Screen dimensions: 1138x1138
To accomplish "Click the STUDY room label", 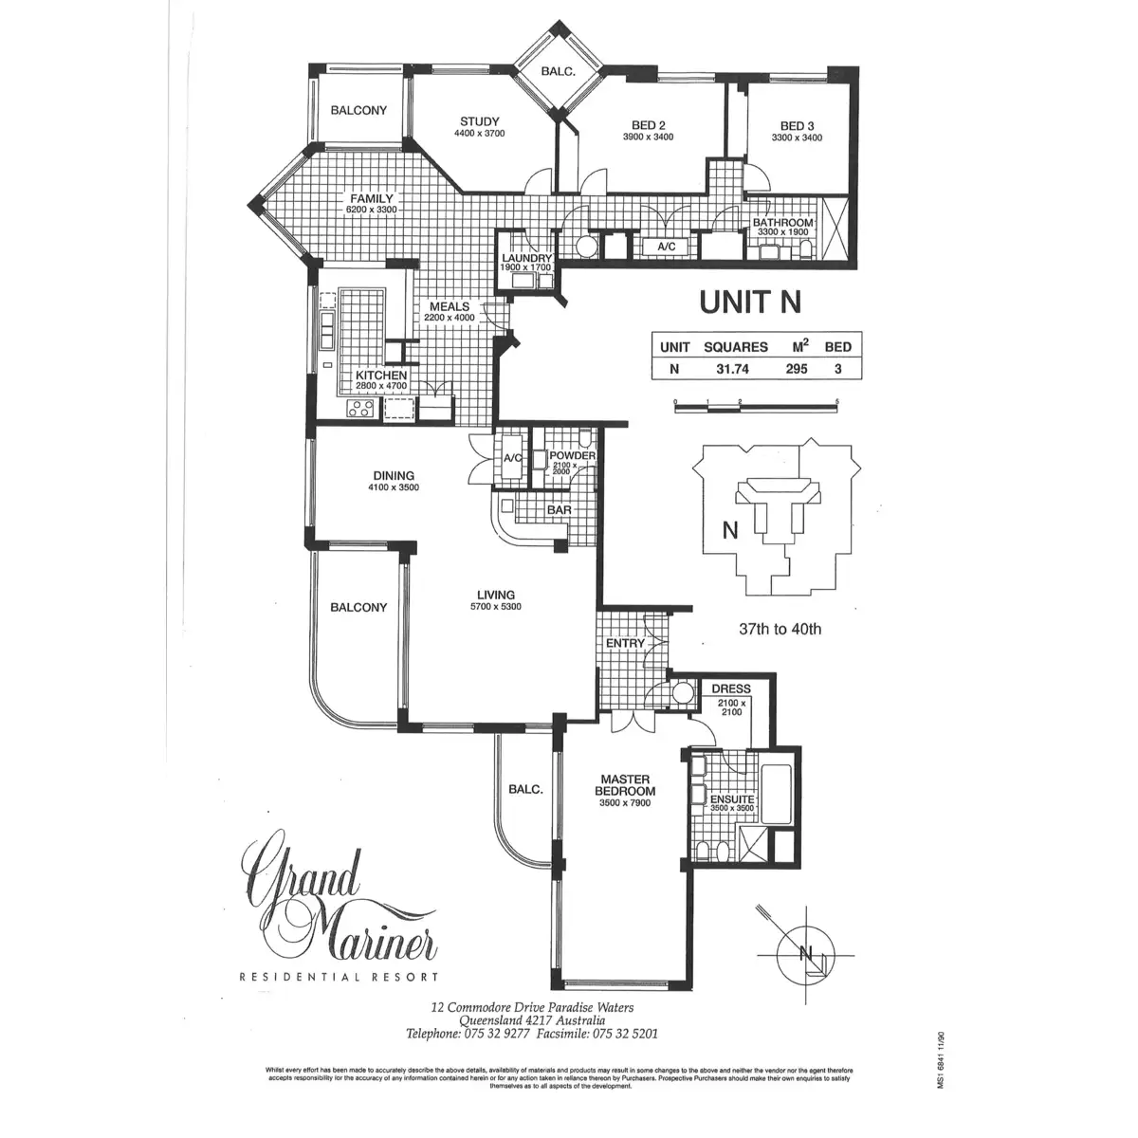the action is pyautogui.click(x=480, y=121).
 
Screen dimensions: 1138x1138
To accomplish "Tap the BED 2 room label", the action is pyautogui.click(x=649, y=125).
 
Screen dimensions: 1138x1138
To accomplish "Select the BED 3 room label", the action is pyautogui.click(x=797, y=125).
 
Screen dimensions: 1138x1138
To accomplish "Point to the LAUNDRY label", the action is pyautogui.click(x=526, y=258).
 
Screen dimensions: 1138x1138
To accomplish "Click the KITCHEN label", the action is pyautogui.click(x=381, y=376).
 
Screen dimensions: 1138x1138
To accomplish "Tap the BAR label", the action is pyautogui.click(x=559, y=510).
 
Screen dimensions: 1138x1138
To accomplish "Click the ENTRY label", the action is pyautogui.click(x=625, y=643).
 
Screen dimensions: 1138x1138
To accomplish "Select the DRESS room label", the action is pyautogui.click(x=730, y=688).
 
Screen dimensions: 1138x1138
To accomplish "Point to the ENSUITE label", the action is pyautogui.click(x=732, y=799).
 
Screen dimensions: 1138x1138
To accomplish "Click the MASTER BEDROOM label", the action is pyautogui.click(x=626, y=785).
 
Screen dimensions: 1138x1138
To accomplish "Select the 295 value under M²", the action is pyautogui.click(x=796, y=369).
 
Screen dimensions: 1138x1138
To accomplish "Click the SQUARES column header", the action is pyautogui.click(x=735, y=347).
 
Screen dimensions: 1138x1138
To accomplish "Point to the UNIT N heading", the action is pyautogui.click(x=750, y=302).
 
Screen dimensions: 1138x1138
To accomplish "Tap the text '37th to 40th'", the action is pyautogui.click(x=780, y=628).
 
